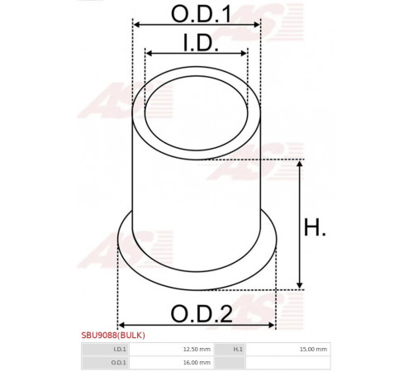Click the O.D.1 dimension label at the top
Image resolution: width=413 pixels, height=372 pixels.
[x=201, y=14]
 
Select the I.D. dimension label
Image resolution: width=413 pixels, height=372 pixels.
[x=201, y=43]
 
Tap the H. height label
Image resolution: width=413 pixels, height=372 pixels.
[x=315, y=227]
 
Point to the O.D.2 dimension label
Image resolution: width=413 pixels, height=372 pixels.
[x=202, y=314]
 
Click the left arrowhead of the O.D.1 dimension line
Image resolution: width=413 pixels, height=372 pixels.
[x=136, y=25]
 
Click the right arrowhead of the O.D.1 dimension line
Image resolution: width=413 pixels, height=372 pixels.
[x=256, y=25]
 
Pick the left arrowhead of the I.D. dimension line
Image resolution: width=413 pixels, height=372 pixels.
[x=149, y=53]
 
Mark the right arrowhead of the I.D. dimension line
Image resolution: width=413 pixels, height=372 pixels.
[x=244, y=53]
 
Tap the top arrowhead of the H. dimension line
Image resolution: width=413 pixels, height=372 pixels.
[x=300, y=164]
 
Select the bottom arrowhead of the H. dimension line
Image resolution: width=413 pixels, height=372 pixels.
[x=300, y=285]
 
